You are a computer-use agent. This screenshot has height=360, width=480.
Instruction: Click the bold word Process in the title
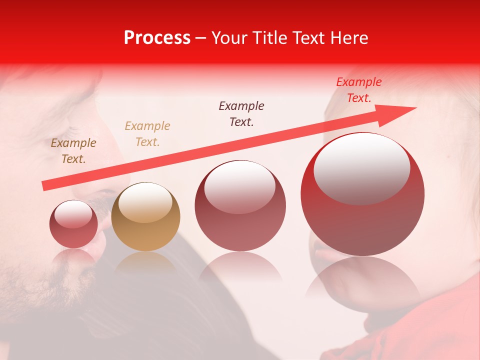(x=157, y=38)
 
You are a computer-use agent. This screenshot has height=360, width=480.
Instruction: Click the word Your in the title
(x=229, y=38)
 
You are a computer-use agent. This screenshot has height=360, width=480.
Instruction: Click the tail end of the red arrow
(x=44, y=186)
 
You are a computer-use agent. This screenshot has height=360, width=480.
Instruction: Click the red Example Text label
(x=358, y=90)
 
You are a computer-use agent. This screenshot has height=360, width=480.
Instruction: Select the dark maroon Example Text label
(x=241, y=113)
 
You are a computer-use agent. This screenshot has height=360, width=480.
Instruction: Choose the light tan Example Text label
(x=147, y=133)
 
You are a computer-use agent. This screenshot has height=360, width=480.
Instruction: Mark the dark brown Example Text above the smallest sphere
(x=73, y=150)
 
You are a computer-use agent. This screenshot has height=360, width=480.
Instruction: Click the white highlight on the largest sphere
(x=361, y=167)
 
